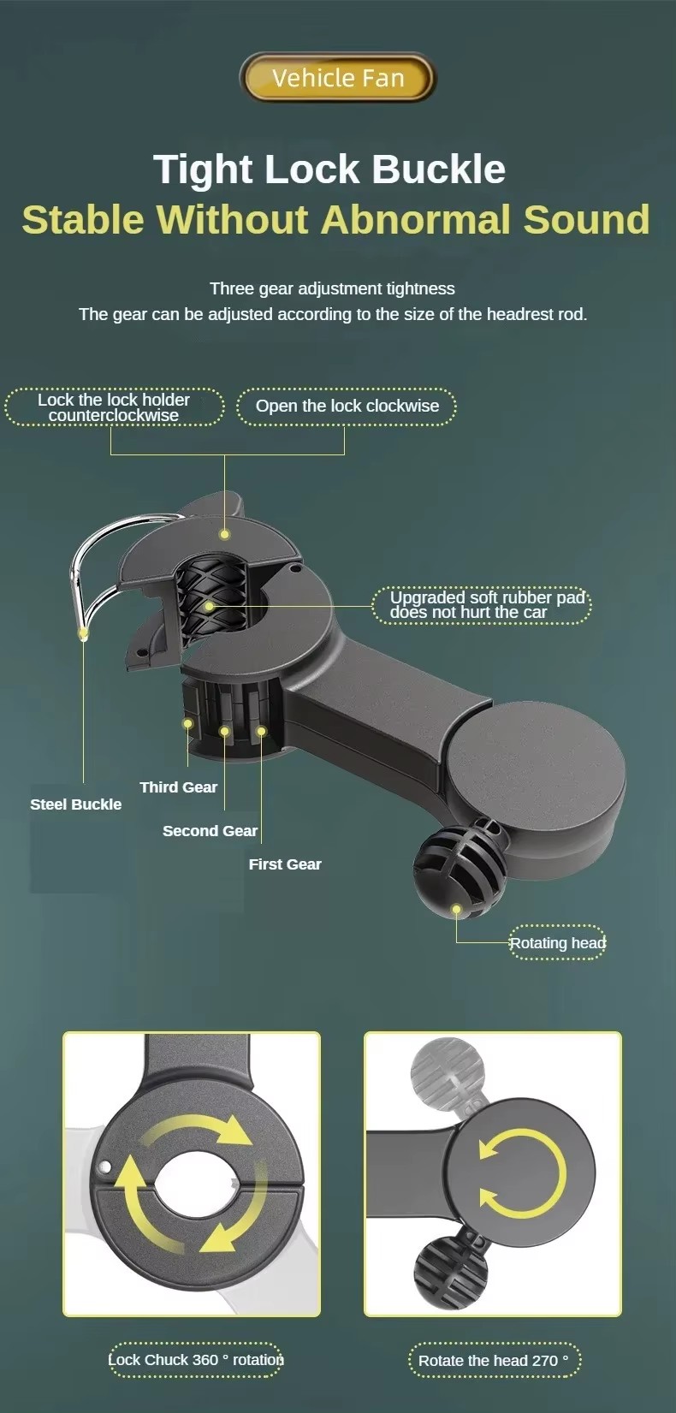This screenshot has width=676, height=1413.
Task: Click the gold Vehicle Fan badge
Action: (x=337, y=78)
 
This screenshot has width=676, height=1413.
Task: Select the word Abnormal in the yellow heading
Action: (x=416, y=219)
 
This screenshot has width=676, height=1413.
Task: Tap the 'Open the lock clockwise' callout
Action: (x=347, y=406)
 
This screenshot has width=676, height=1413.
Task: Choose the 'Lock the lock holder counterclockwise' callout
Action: (x=114, y=407)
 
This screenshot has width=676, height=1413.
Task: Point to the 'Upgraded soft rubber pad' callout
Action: (x=483, y=605)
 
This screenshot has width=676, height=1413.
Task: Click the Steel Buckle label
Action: (x=75, y=804)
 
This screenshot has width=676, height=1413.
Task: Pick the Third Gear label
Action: (x=179, y=787)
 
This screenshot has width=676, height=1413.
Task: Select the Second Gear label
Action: (x=210, y=831)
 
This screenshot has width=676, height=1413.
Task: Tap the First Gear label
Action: (x=285, y=864)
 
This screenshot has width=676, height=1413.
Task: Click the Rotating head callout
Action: (x=557, y=943)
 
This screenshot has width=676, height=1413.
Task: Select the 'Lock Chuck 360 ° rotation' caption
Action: (x=195, y=1359)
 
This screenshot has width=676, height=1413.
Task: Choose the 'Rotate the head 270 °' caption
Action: (x=494, y=1361)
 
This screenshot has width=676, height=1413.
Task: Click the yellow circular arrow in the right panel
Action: (x=523, y=1173)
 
